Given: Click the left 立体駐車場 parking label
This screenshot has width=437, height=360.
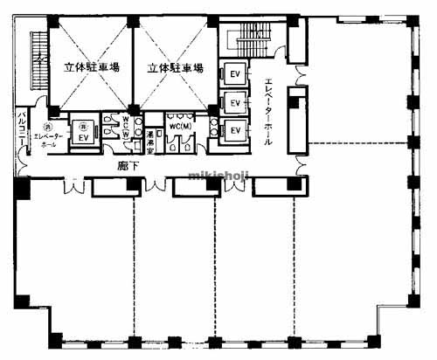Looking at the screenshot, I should pyautogui.click(x=91, y=66).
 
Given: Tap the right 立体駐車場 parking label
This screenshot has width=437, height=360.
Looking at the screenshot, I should pyautogui.click(x=175, y=66).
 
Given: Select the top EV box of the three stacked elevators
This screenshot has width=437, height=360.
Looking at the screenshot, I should pyautogui.click(x=234, y=73).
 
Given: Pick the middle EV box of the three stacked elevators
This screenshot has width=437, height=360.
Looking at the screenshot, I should pyautogui.click(x=234, y=102).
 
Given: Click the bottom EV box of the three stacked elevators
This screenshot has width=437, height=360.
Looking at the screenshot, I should pyautogui.click(x=234, y=131).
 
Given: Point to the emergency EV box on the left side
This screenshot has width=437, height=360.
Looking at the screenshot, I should pyautogui.click(x=83, y=137).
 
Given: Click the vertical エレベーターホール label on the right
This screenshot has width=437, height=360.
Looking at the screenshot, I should pyautogui.click(x=268, y=110).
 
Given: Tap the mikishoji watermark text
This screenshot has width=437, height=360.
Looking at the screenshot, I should pyautogui.click(x=218, y=175).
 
